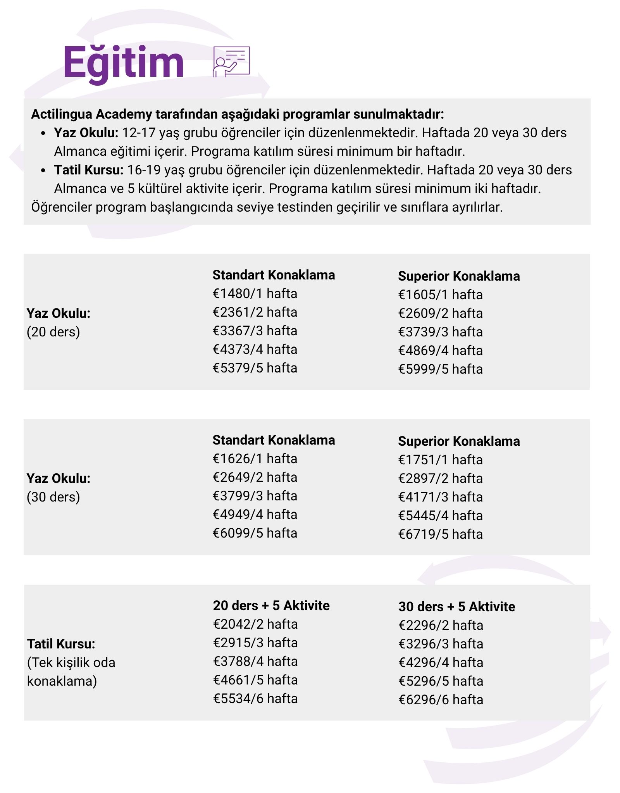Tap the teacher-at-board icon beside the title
tap(231, 62)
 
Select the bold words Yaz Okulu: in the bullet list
tap(86, 133)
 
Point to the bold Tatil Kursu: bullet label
tap(89, 170)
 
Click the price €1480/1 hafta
tap(255, 294)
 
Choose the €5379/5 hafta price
tap(255, 368)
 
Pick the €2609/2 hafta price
tap(440, 314)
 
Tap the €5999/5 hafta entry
tap(440, 369)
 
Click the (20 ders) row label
tap(53, 332)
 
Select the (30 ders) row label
tap(53, 497)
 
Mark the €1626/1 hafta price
tap(255, 459)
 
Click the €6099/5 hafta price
tap(255, 533)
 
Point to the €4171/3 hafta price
tap(440, 497)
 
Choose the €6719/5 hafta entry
tap(440, 534)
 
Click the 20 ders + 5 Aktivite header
tap(271, 606)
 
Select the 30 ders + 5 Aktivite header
tap(456, 607)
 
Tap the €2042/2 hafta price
tap(255, 624)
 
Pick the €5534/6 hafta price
tap(255, 699)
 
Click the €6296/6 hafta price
tap(441, 700)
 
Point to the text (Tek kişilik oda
tap(71, 663)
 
